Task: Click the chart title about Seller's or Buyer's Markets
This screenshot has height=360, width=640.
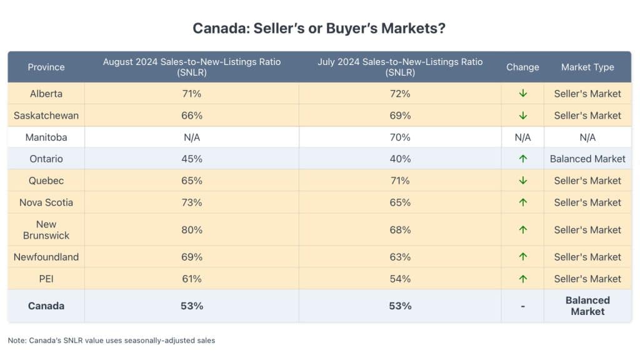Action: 319,28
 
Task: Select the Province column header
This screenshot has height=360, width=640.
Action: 46,67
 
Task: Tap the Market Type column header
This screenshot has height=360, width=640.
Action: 587,67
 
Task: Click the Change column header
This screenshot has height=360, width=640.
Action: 522,67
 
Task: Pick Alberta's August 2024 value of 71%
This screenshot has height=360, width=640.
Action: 192,94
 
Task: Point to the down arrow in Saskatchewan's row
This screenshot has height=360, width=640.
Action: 523,116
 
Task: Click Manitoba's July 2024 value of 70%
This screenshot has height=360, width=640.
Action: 400,137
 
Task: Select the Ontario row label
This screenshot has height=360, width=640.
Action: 46,159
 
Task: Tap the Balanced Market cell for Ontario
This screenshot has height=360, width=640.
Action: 587,159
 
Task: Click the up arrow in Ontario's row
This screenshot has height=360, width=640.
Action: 523,159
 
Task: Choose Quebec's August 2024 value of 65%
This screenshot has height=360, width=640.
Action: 192,181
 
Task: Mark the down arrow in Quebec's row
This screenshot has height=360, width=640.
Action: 523,181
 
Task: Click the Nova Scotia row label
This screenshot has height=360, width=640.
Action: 46,202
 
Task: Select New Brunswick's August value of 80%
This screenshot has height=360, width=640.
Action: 192,229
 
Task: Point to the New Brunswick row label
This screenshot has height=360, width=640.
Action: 46,229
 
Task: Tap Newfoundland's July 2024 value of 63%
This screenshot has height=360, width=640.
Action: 400,257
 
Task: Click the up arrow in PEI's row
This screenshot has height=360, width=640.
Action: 523,279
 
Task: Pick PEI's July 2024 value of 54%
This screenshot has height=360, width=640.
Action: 400,279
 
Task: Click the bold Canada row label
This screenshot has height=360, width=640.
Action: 46,306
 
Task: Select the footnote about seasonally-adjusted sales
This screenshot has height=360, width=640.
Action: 112,341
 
